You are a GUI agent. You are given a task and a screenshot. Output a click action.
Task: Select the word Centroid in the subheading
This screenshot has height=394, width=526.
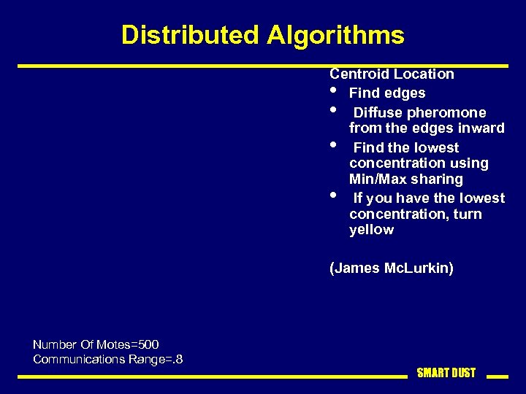tap(359, 74)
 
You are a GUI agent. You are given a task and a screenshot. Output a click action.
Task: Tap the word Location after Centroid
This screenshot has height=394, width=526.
tap(424, 74)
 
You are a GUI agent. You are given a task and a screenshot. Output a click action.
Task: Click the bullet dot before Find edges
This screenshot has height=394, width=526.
tap(333, 92)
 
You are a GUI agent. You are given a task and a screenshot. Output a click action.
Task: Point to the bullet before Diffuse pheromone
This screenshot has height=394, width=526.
tap(333, 111)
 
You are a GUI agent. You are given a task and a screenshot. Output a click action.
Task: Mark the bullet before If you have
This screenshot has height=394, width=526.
tap(333, 195)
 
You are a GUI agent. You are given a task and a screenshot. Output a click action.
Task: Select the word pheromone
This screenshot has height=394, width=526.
tap(446, 112)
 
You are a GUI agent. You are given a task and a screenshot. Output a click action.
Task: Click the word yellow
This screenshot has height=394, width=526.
tap(371, 230)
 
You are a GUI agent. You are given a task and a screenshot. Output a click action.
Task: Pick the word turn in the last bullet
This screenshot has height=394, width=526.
tap(467, 215)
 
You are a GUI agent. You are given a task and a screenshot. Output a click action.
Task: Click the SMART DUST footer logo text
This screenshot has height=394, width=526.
tap(446, 373)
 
